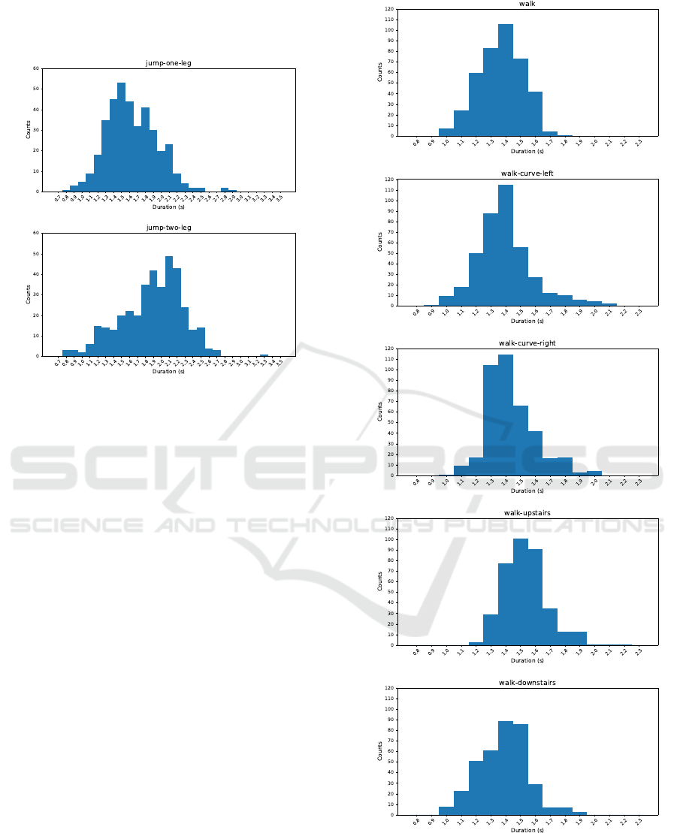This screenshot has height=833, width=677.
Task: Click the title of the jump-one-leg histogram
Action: pos(168,63)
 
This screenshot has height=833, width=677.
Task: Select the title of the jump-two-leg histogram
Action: pos(168,228)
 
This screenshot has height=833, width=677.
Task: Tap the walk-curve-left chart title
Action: pos(527,174)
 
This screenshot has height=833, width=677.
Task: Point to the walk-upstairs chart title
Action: pos(527,513)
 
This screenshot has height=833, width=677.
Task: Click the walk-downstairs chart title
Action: pos(527,683)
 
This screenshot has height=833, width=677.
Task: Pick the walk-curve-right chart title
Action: pos(527,343)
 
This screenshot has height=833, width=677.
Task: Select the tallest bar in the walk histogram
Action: pos(506,83)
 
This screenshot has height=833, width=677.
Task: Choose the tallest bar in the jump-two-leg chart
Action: pos(169,308)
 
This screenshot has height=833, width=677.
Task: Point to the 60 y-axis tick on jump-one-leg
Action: pos(36,68)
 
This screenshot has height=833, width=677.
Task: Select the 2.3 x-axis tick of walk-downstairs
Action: pos(639,822)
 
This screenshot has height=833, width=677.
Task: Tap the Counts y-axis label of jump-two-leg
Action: pos(29,294)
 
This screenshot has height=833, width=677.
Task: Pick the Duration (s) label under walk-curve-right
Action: pos(527,490)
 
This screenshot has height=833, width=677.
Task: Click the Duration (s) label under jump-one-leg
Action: pos(168,207)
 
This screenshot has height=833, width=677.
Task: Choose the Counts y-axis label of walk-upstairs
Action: pos(380,581)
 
